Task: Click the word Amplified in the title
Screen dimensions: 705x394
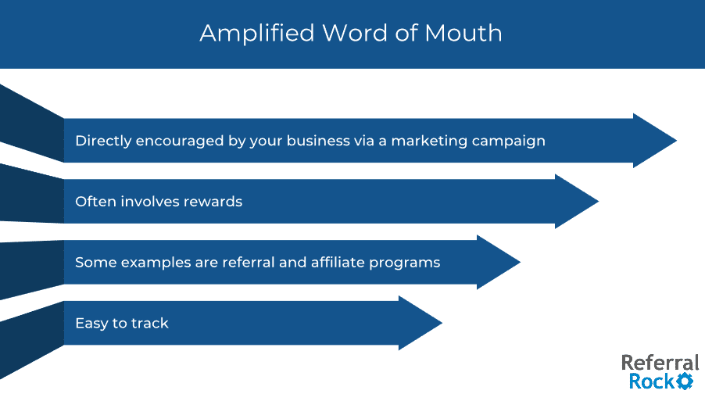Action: [257, 34]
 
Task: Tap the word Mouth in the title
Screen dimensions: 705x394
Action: [463, 34]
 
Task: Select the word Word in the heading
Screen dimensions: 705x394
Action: [355, 34]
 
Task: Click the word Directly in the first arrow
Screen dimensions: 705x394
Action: [103, 141]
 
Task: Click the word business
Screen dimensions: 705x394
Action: [318, 141]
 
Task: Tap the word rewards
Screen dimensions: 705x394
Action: [213, 202]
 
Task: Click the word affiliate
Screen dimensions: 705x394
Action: [338, 262]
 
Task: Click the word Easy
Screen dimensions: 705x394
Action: [91, 324]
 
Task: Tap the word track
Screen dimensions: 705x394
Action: [150, 324]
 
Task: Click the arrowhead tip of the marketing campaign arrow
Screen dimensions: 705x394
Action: [677, 141]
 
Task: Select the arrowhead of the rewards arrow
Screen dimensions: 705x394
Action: [577, 202]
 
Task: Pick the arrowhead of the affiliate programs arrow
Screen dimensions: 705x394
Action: [499, 262]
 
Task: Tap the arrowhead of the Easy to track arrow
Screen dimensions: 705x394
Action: [420, 323]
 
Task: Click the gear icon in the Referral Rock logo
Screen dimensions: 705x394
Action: [685, 381]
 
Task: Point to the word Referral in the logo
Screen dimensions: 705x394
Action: [660, 363]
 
